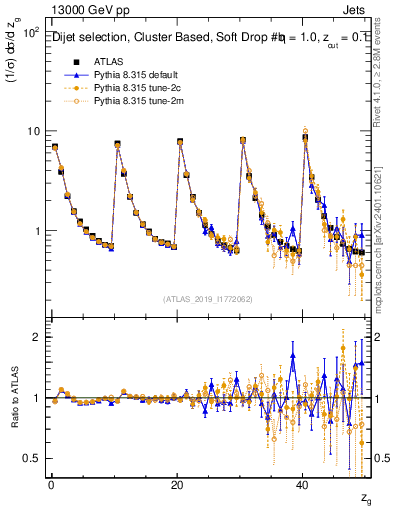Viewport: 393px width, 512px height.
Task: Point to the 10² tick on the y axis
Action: coord(31,33)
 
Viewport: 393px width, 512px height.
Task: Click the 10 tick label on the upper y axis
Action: coord(33,131)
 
